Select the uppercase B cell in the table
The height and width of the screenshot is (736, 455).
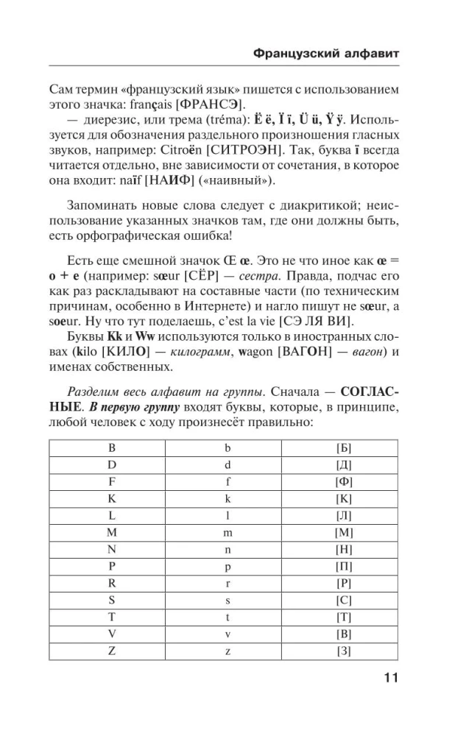(x=112, y=447)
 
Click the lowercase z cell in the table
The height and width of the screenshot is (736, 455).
(x=227, y=651)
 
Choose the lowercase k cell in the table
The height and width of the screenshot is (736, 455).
(x=227, y=498)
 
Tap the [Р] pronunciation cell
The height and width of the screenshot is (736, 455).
(x=343, y=583)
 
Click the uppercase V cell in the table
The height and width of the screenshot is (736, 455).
(x=112, y=634)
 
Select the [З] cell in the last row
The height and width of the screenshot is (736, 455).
(x=343, y=651)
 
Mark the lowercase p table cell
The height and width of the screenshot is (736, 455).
(x=227, y=566)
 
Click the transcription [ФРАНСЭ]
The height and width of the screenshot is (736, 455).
(x=219, y=104)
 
